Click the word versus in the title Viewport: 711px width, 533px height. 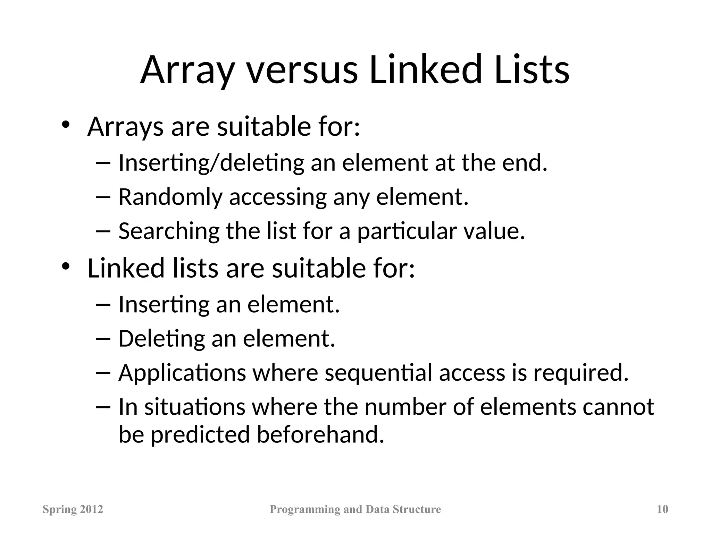302,70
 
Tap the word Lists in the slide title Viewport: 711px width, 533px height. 532,70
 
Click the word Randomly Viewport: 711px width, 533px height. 170,197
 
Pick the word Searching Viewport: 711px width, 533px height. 169,231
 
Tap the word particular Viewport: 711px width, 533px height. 407,231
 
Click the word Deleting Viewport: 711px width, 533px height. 161,338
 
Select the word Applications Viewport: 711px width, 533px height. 182,373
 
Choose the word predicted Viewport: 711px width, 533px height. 200,434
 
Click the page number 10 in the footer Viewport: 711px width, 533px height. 662,509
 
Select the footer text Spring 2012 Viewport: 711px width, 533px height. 73,509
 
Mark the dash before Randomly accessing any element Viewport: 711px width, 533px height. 103,197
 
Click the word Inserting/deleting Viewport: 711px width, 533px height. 211,163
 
